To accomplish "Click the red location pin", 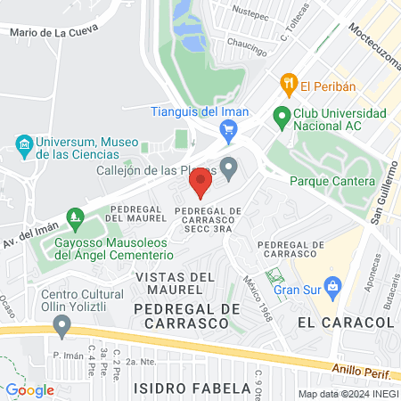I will (x=200, y=184).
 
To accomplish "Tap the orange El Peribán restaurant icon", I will (x=289, y=86).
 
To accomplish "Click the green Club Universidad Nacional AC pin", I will (x=282, y=115).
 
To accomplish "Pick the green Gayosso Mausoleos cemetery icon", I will (x=77, y=217).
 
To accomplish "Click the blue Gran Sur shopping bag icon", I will (x=333, y=287).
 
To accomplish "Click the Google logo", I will (x=30, y=389).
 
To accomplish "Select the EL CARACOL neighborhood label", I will (x=332, y=322).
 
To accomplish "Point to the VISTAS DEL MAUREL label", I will (x=176, y=277).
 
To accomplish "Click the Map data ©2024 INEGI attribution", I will (x=348, y=394).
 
